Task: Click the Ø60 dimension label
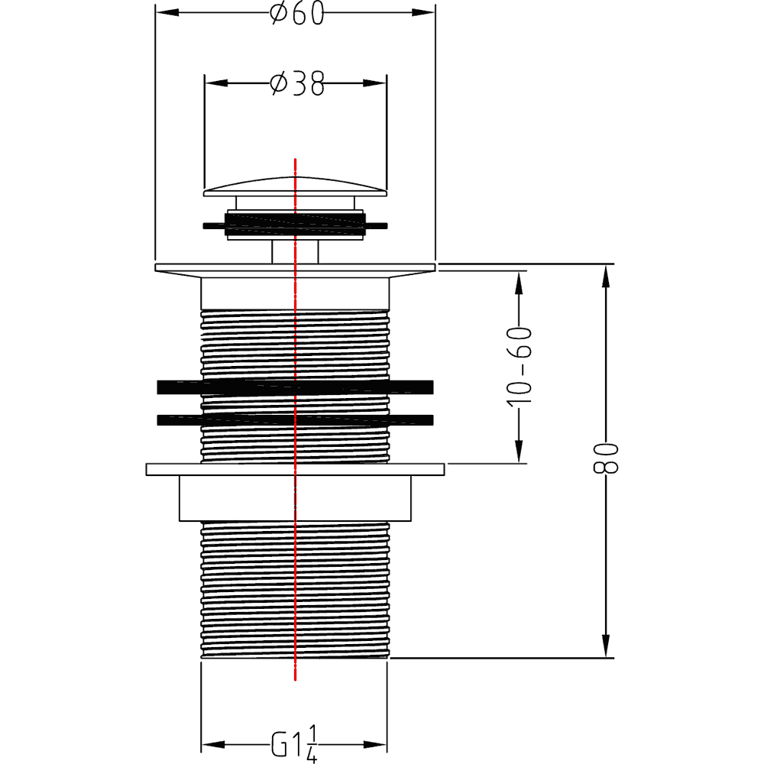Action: coord(296,13)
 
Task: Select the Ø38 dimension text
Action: coord(296,84)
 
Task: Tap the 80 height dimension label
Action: coord(606,458)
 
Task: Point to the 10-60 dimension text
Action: coord(519,367)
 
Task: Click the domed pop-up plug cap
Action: coord(295,187)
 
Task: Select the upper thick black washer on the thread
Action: coord(295,387)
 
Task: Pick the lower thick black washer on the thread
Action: coord(295,419)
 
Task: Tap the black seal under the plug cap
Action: coord(295,224)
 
